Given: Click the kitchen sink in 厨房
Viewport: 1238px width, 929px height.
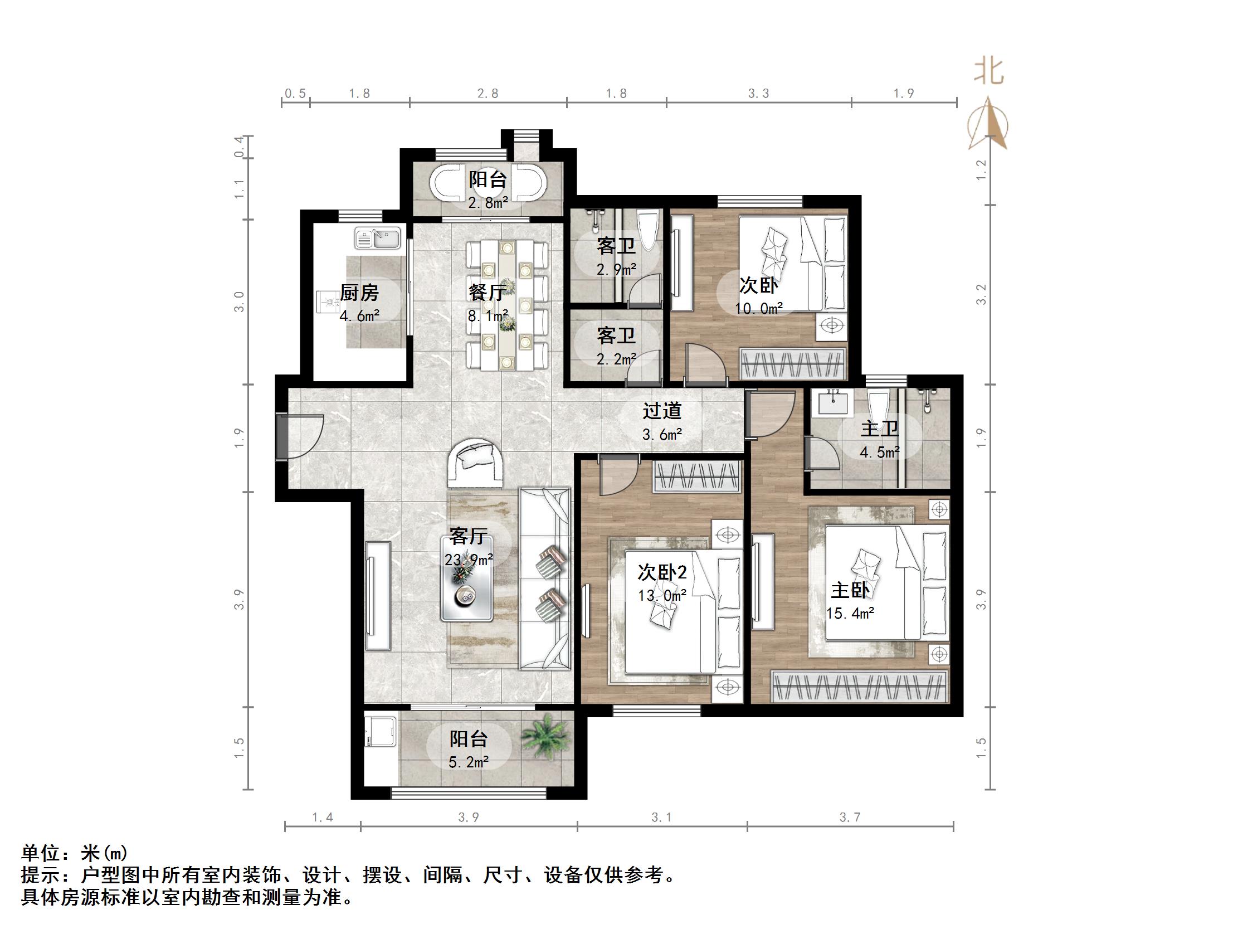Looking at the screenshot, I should [378, 239].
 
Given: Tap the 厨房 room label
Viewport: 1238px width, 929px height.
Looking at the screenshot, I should [359, 293].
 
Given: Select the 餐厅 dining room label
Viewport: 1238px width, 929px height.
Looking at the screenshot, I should [488, 293].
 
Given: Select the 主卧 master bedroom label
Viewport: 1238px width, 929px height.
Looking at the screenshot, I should [850, 591].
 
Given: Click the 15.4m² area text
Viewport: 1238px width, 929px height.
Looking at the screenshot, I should [850, 614].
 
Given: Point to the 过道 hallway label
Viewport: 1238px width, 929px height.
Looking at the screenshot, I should [661, 411].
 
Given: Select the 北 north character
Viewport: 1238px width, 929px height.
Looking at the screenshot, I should [988, 72].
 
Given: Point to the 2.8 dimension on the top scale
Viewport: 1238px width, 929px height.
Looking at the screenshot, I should [488, 94].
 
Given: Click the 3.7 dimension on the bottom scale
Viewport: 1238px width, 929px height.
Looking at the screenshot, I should [850, 818].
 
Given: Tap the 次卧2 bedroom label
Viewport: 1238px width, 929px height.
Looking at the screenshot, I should [662, 572].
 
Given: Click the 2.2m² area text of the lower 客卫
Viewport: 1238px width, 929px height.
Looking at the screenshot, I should [616, 359].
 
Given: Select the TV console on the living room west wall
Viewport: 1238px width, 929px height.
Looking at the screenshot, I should [378, 596].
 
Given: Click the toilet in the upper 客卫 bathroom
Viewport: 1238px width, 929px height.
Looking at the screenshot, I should [648, 230].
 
